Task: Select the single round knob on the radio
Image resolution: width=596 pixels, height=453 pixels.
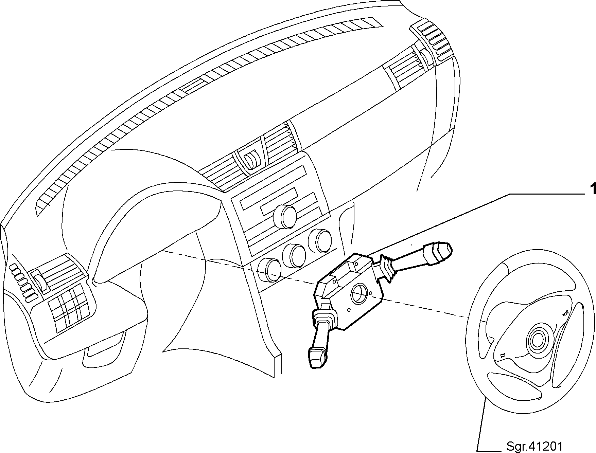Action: (x=285, y=216)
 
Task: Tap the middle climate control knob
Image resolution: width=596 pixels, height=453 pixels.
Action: (x=295, y=255)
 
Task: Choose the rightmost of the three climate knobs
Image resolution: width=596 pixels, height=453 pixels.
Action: (x=320, y=240)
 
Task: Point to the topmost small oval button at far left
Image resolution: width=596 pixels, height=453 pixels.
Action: (x=14, y=267)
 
